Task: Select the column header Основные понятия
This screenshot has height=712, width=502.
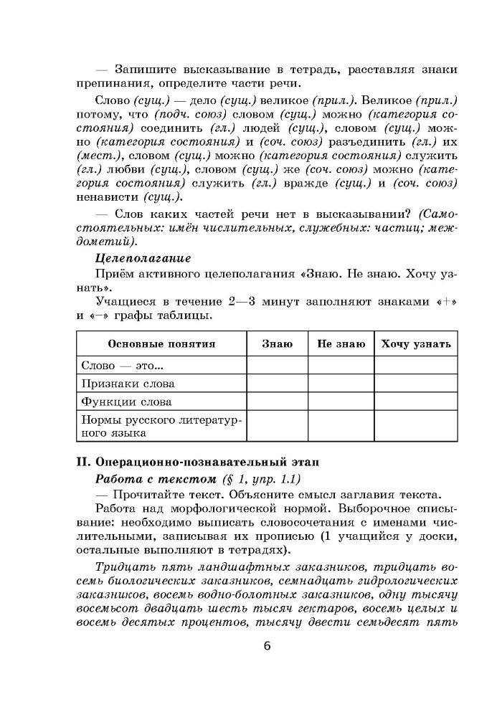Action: (x=161, y=343)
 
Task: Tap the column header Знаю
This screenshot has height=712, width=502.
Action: (x=277, y=343)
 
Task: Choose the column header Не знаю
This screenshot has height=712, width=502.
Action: (x=341, y=343)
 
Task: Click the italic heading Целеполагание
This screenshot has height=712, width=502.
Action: (x=143, y=257)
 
